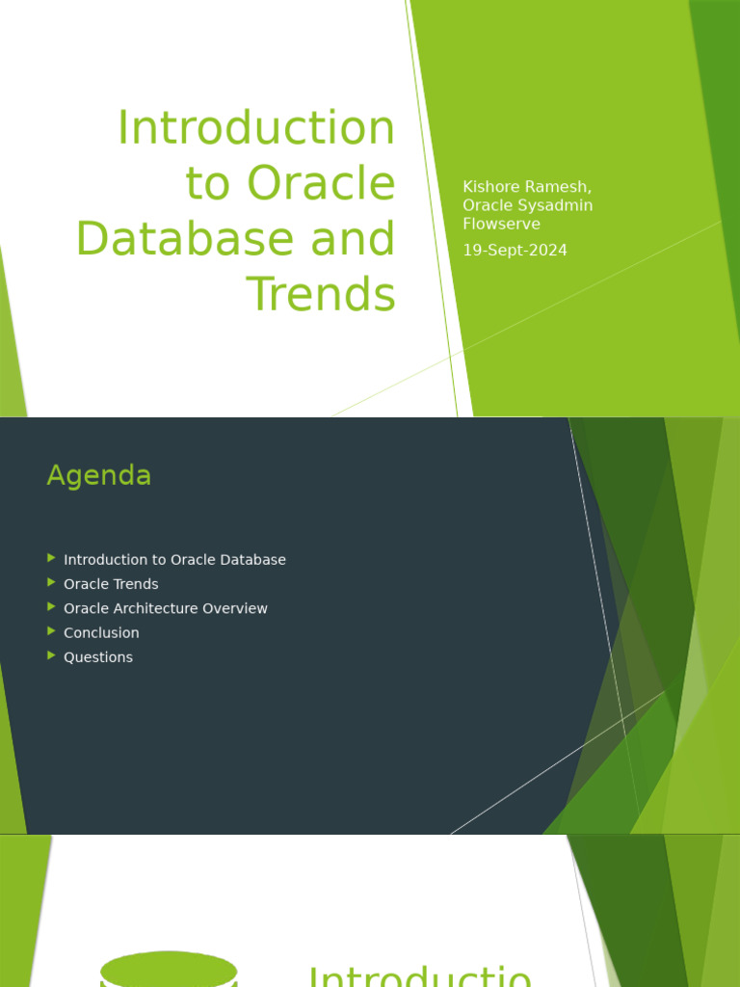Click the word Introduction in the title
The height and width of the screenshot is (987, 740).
pyautogui.click(x=255, y=128)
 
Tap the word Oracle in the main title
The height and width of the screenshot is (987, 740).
pyautogui.click(x=321, y=183)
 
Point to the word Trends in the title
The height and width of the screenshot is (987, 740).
pyautogui.click(x=322, y=294)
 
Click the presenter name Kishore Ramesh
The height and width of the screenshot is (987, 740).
pyautogui.click(x=526, y=187)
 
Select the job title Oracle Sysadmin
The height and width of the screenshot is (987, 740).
pyautogui.click(x=527, y=205)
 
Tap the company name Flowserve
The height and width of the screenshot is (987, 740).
pyautogui.click(x=501, y=225)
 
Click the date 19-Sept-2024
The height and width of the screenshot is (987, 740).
pyautogui.click(x=515, y=251)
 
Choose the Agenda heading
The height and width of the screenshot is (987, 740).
pyautogui.click(x=99, y=475)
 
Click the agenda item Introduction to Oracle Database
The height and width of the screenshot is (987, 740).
pyautogui.click(x=174, y=560)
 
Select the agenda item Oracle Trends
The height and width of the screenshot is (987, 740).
pyautogui.click(x=111, y=584)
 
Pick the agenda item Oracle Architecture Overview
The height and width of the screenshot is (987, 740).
pyautogui.click(x=166, y=608)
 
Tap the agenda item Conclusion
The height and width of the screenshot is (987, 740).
pyautogui.click(x=101, y=632)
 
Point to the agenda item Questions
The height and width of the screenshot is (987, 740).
pyautogui.click(x=98, y=657)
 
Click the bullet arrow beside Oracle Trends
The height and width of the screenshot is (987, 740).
pyautogui.click(x=51, y=582)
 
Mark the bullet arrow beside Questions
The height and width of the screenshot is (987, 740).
pyautogui.click(x=51, y=655)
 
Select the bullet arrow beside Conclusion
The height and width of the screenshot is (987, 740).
pyautogui.click(x=51, y=631)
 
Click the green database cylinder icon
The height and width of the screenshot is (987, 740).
pyautogui.click(x=169, y=970)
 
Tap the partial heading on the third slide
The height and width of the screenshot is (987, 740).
pyautogui.click(x=419, y=975)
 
